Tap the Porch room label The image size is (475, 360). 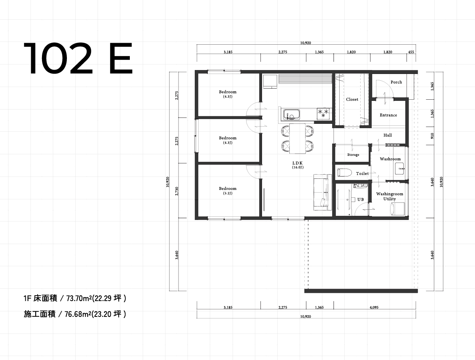click(x=396, y=82)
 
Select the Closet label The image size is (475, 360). click(x=352, y=100)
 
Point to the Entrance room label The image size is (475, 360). click(x=388, y=115)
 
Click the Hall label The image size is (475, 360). click(x=388, y=135)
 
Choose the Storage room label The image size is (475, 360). click(x=353, y=155)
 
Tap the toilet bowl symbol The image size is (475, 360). click(x=345, y=172)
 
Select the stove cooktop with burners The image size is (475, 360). click(x=323, y=114)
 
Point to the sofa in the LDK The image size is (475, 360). click(x=321, y=192)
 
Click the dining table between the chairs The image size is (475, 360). click(x=297, y=138)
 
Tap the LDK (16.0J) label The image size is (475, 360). click(x=297, y=165)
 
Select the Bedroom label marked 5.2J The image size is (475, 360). click(x=228, y=191)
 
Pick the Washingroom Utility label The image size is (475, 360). click(x=389, y=197)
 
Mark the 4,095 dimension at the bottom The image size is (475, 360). click(x=374, y=307)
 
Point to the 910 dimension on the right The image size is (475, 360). click(x=432, y=135)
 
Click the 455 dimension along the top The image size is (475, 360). click(x=412, y=52)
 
